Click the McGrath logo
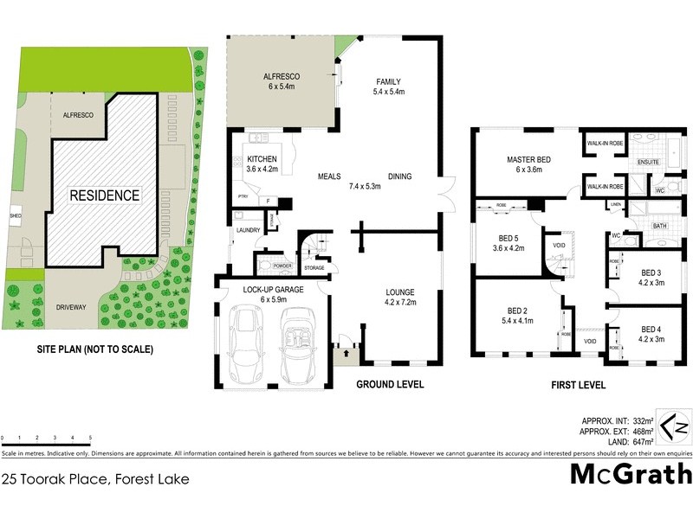(631, 474)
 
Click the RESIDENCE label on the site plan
(104, 195)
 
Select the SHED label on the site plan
(15, 215)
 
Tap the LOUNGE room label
(400, 292)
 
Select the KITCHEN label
(262, 159)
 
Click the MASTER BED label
(528, 158)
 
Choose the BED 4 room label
(654, 330)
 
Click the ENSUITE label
(649, 162)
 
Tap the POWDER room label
(282, 266)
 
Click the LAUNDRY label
(248, 229)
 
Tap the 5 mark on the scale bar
(90, 439)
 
